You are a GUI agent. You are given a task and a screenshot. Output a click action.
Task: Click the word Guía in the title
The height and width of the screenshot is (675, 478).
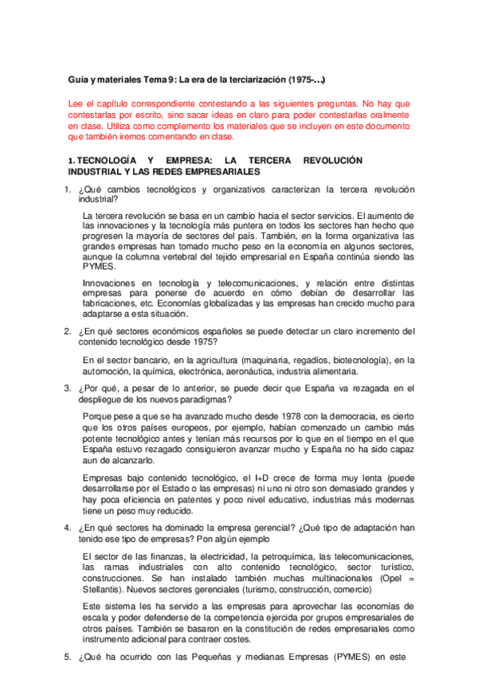pyautogui.click(x=78, y=80)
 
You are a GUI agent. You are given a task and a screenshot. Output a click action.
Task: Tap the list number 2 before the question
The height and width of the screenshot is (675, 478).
pyautogui.click(x=68, y=330)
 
